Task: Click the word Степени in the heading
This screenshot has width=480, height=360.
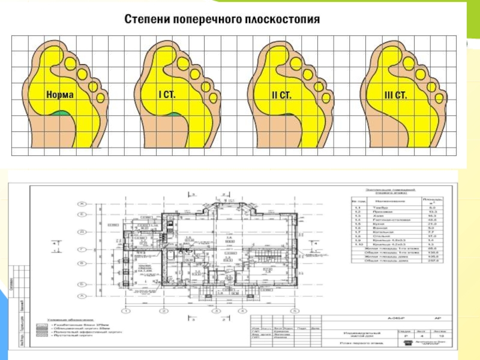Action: click(x=146, y=19)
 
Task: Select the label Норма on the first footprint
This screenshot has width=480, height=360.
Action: click(x=60, y=95)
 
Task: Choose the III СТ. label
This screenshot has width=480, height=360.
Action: click(x=395, y=95)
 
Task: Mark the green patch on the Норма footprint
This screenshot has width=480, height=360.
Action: click(x=60, y=112)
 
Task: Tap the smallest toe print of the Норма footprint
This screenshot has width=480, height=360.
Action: click(x=100, y=96)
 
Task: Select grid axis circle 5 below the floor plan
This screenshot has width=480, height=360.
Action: click(x=295, y=311)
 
